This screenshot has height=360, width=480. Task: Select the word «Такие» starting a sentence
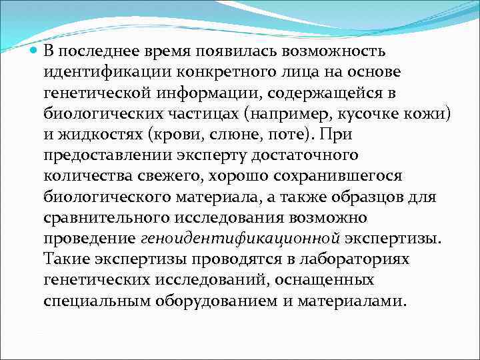pos(69,258)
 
